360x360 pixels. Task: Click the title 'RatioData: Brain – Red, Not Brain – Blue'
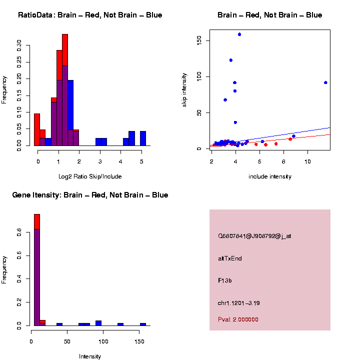90,15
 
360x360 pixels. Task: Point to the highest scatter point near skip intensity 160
239,34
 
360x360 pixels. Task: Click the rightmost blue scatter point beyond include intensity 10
325,82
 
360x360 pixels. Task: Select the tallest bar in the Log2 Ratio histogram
65,90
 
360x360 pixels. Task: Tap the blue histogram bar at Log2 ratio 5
143,138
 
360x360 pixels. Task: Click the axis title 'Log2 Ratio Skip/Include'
90,176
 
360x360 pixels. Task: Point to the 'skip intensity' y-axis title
184,89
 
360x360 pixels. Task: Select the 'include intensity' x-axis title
270,176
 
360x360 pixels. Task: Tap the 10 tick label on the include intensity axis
307,161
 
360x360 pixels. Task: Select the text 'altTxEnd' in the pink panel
230,258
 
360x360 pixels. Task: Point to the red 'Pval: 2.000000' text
238,319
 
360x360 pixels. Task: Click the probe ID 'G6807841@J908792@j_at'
254,236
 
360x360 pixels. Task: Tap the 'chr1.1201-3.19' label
239,303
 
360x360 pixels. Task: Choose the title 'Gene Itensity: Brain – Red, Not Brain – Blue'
90,195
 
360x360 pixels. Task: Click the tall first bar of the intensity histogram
36,270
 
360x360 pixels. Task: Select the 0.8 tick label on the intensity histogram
19,233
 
